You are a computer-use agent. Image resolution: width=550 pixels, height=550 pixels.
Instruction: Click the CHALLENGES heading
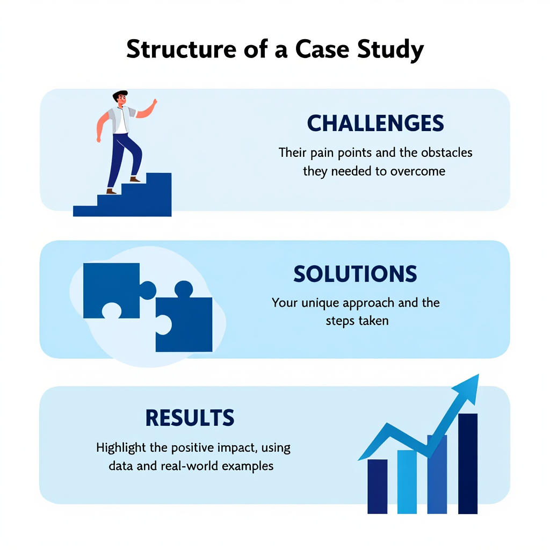[375, 124]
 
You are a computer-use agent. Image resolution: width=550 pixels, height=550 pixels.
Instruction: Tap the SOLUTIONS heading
[355, 274]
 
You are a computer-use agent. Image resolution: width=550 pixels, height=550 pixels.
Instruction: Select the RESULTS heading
[190, 418]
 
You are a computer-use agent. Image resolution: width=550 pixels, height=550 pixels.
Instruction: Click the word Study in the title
[390, 49]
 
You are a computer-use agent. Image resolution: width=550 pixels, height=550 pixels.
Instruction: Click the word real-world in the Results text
[186, 466]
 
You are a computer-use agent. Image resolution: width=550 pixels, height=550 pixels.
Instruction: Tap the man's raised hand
[154, 103]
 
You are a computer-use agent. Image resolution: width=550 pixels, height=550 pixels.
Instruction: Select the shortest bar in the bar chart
[377, 486]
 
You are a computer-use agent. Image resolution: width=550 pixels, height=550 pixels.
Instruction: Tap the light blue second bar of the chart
[407, 481]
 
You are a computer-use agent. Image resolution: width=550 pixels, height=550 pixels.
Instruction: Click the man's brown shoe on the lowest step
[111, 191]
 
